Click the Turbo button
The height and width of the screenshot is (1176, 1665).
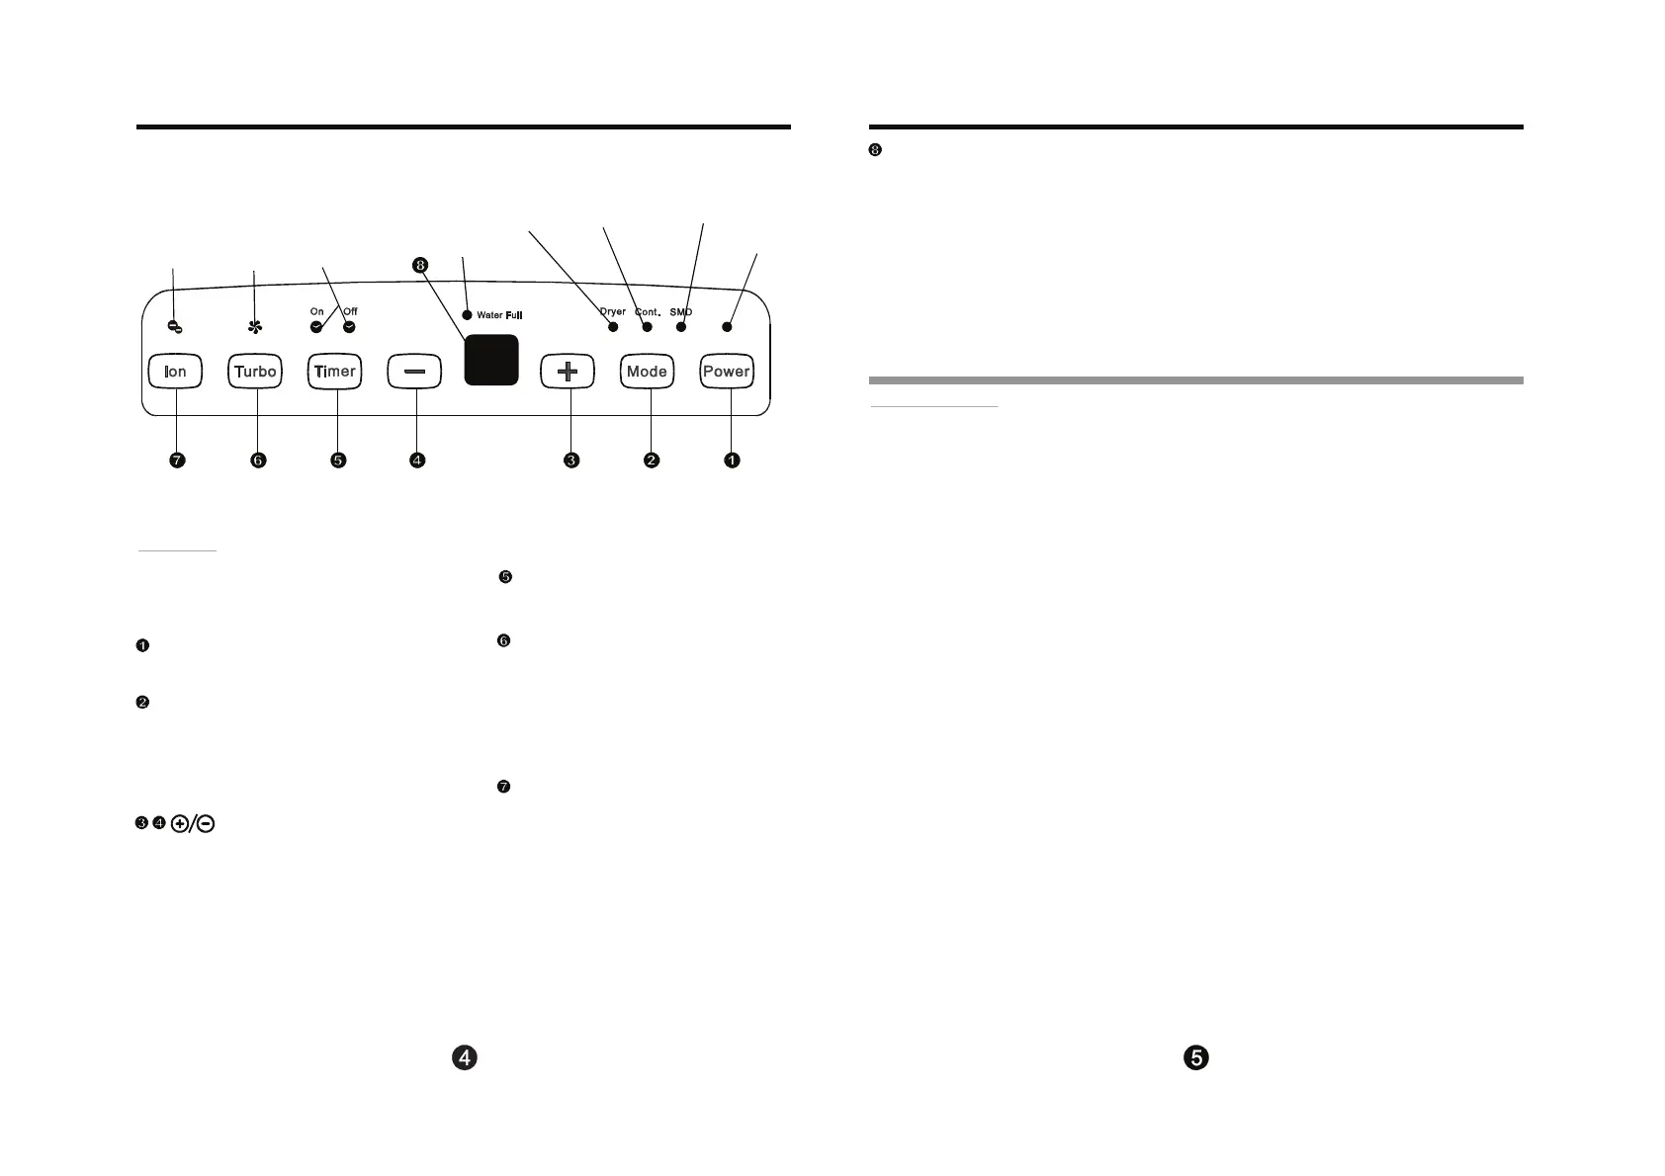(255, 372)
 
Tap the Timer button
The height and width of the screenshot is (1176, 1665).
(335, 372)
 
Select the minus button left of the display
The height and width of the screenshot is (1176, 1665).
(415, 372)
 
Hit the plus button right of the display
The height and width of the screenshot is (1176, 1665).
(568, 372)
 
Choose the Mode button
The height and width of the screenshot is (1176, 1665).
(648, 372)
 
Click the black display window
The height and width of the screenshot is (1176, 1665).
(491, 360)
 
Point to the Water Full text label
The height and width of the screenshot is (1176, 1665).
(499, 315)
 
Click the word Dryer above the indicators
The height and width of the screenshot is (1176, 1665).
(613, 311)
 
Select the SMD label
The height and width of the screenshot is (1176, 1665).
(680, 312)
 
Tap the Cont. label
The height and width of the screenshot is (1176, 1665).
(648, 312)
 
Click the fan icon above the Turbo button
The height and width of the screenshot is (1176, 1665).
(255, 326)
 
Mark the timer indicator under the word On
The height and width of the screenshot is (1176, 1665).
(316, 326)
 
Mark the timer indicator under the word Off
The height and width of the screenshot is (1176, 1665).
(349, 326)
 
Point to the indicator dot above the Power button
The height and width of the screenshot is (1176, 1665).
(728, 326)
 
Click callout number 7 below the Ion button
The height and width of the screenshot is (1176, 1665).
(177, 461)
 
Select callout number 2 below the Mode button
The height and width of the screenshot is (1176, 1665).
(652, 461)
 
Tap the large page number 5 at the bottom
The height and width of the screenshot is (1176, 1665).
(1196, 1057)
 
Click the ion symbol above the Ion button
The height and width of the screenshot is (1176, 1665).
(174, 326)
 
